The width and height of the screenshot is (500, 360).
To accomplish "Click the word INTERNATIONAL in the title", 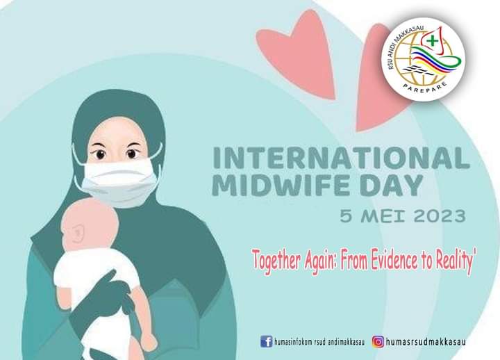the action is (x=341, y=158).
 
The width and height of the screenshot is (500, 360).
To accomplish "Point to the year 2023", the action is (x=440, y=216).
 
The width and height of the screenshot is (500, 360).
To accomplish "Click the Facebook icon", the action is (x=267, y=341).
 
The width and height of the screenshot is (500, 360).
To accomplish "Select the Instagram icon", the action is (x=378, y=341).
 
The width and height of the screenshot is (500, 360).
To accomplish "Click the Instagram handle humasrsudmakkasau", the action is (x=426, y=342).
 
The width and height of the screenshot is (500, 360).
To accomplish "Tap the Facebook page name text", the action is (x=319, y=342).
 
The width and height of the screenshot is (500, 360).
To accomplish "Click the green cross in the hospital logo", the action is (x=433, y=41).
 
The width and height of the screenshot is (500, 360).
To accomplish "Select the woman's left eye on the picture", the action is (x=132, y=154).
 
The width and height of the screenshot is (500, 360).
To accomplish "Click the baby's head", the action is (x=90, y=223).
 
